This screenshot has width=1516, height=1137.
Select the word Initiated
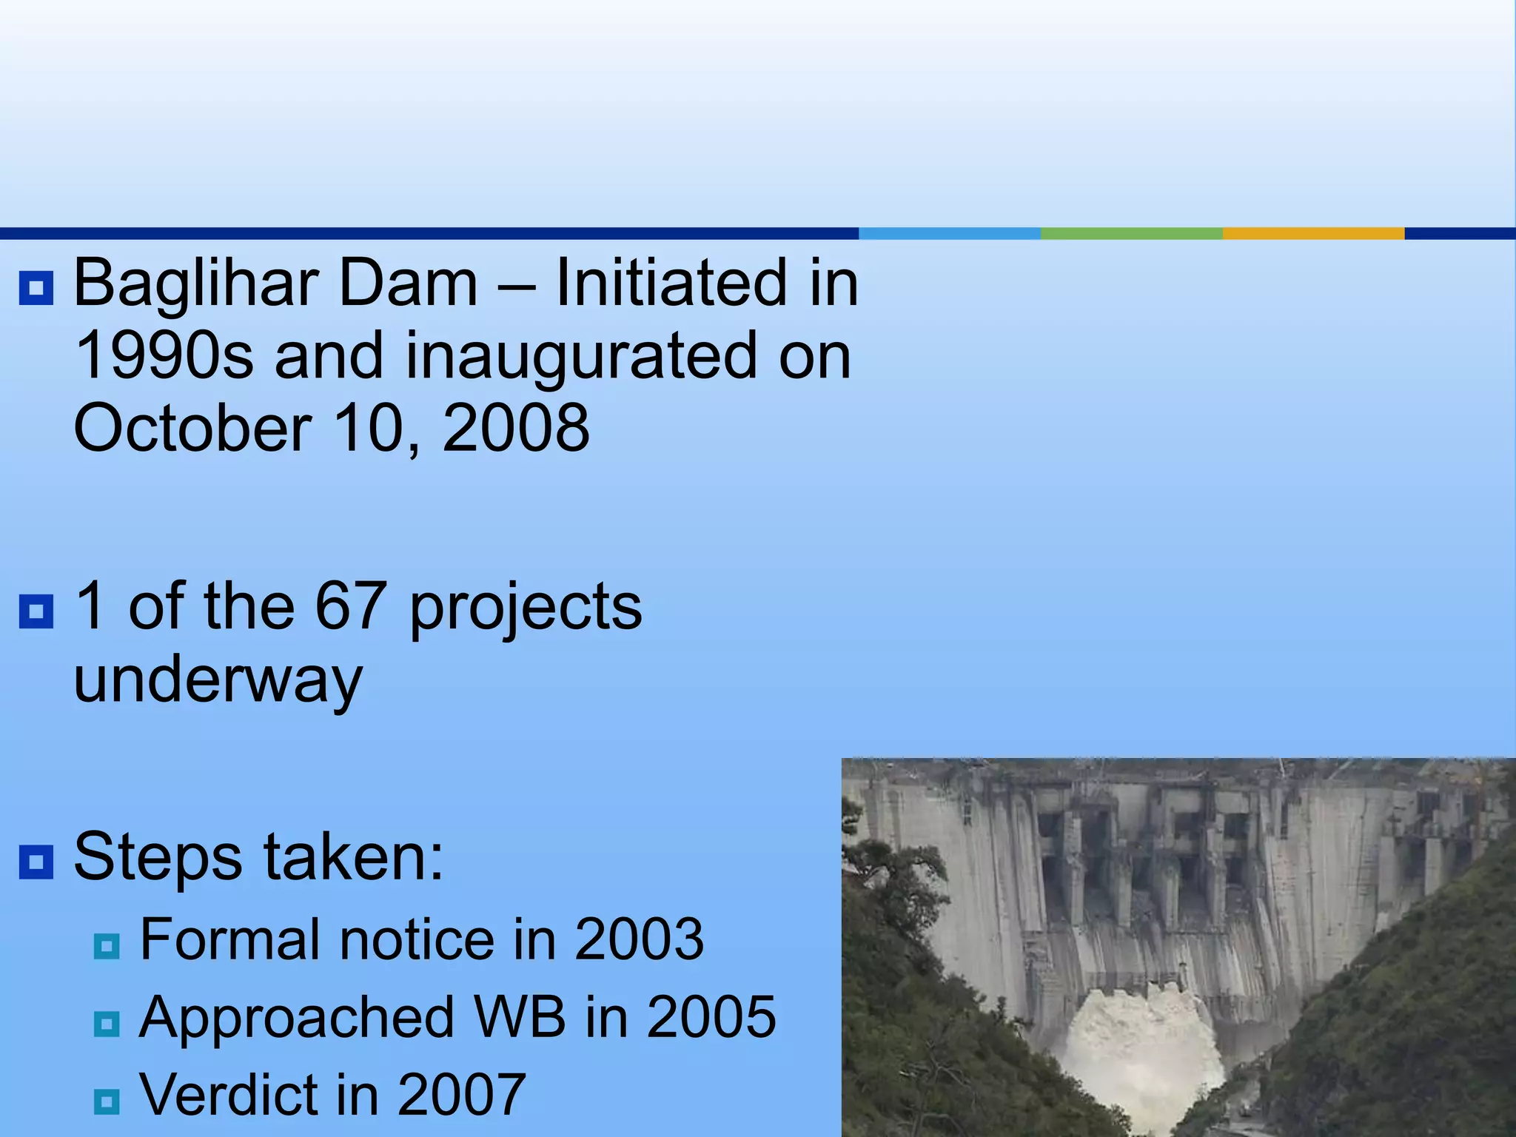671,283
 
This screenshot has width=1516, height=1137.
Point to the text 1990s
164,357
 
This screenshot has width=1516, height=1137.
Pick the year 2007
461,1094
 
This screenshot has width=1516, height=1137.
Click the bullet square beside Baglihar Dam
36,288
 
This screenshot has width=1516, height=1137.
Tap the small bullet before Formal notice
107,946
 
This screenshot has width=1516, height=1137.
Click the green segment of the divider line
1131,233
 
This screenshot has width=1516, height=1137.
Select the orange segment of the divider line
1313,233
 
